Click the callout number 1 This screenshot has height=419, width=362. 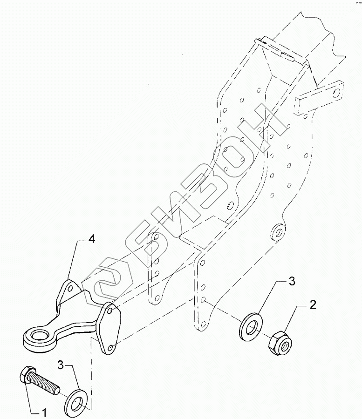click(x=44, y=412)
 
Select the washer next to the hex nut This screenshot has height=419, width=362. click(x=251, y=327)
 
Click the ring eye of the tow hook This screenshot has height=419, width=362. click(x=37, y=336)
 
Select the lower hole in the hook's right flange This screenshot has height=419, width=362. click(x=110, y=347)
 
